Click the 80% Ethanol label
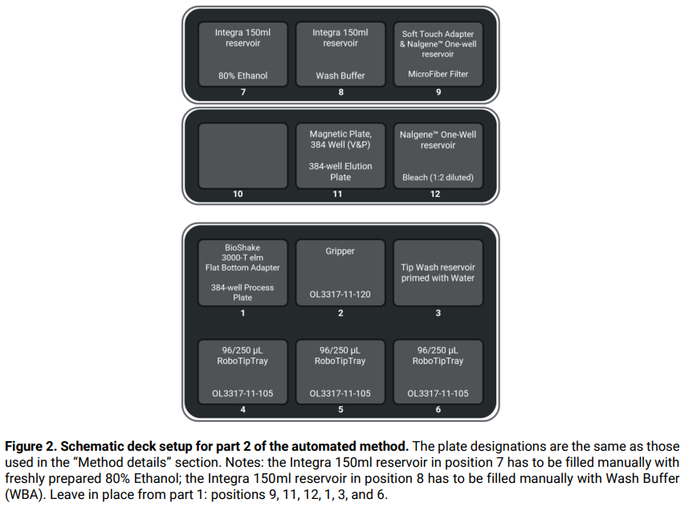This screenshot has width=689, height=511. tap(243, 76)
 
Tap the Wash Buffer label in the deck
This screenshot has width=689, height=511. tap(340, 76)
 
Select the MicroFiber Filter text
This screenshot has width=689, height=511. tap(438, 75)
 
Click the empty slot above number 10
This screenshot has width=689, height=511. tap(243, 155)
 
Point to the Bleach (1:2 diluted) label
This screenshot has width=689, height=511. tap(438, 178)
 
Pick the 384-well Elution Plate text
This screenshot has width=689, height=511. tap(340, 172)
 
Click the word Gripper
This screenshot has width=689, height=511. tap(340, 251)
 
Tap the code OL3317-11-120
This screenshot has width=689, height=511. tap(340, 295)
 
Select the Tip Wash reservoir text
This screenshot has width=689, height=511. tap(438, 268)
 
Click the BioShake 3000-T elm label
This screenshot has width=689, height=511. tap(243, 252)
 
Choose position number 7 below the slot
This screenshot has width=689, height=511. tap(243, 92)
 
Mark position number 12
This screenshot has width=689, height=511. tap(438, 194)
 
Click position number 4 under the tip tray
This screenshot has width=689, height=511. tap(243, 410)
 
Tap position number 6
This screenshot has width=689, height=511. tap(438, 410)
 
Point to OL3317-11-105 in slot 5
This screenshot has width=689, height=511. tap(340, 394)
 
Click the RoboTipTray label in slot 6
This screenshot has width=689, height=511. tap(438, 362)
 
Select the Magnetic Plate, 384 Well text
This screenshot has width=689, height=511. tap(340, 140)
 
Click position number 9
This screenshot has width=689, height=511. tap(438, 92)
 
